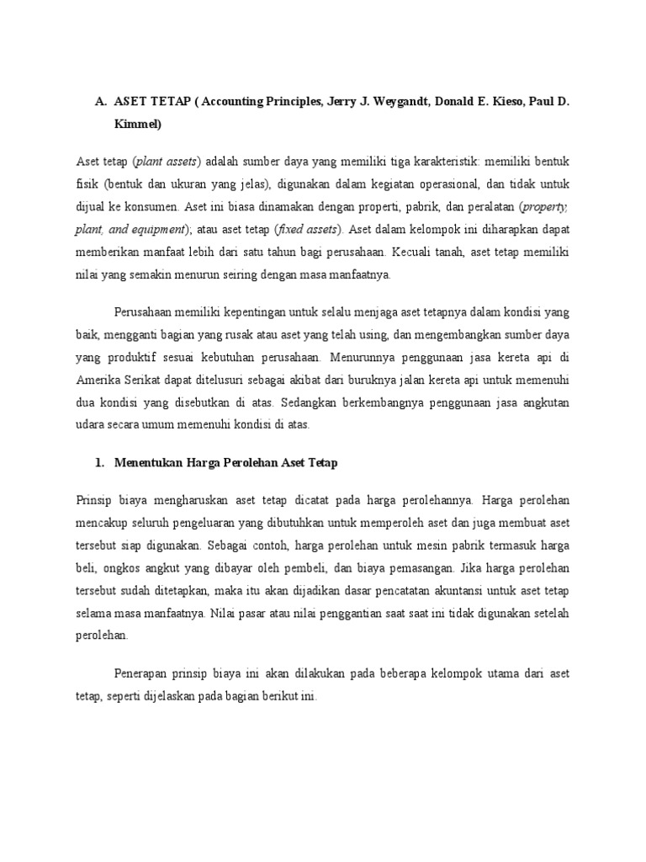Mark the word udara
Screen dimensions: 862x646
[91, 424]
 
